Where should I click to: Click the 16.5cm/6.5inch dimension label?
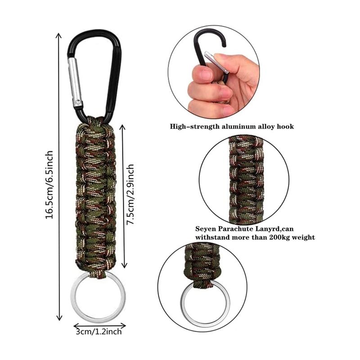pos(49,184)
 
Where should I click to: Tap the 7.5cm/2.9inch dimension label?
pos(130,194)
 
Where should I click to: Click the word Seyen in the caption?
pos(206,229)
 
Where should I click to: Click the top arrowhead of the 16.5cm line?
pos(59,35)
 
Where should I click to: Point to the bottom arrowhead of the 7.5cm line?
pos(124,266)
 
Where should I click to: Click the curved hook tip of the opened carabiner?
pos(224,45)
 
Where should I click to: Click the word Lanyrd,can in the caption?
pos(274,229)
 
